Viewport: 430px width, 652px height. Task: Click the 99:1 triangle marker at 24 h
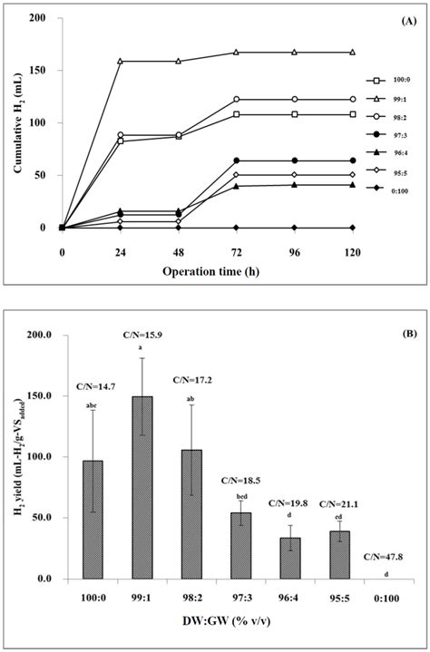tap(120, 61)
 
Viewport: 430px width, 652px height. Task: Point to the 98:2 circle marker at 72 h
tap(236, 99)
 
